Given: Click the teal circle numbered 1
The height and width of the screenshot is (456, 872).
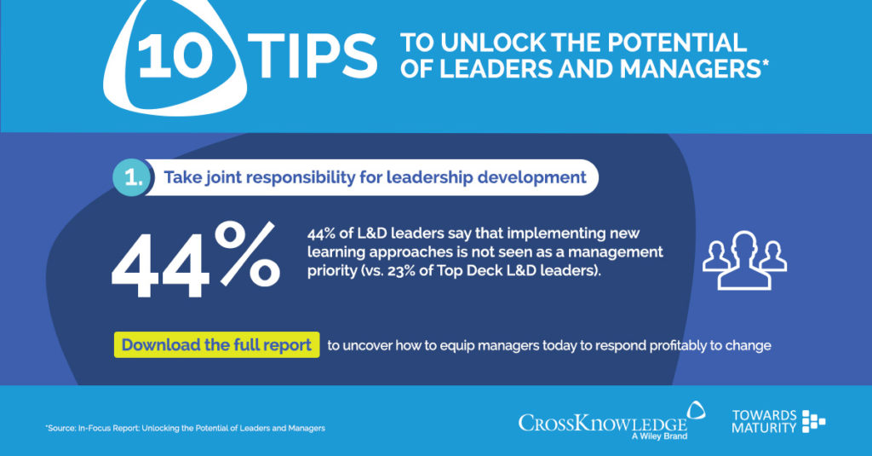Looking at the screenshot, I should click(131, 178).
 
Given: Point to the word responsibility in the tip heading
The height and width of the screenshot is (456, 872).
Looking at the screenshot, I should click(302, 178).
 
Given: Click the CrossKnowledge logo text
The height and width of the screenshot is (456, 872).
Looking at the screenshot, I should click(603, 422).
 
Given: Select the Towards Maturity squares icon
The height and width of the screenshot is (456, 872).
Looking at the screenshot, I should click(814, 421).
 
